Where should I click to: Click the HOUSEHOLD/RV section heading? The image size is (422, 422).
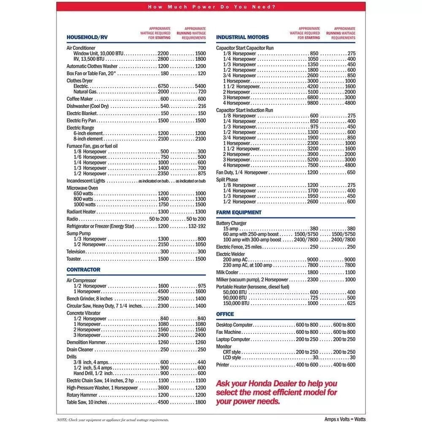[x=87, y=37]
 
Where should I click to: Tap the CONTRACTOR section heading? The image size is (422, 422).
[x=84, y=270]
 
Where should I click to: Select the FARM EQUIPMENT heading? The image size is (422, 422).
[x=239, y=212]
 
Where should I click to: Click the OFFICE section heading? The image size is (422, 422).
[x=225, y=314]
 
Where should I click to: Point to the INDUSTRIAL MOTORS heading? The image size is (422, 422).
[x=243, y=37]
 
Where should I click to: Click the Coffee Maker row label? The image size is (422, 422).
[x=80, y=99]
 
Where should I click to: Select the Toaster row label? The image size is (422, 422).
[x=74, y=259]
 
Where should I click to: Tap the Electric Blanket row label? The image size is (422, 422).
[x=82, y=113]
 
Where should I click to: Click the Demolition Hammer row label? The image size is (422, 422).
[x=85, y=342]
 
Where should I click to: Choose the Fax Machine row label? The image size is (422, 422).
[x=229, y=332]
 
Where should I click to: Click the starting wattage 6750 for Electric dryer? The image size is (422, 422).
[x=163, y=86]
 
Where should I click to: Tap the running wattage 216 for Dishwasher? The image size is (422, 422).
[x=202, y=106]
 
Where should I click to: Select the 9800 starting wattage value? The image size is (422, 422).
[x=313, y=103]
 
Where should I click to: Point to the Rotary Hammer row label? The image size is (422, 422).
[x=82, y=395]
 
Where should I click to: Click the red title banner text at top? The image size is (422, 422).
[x=211, y=7]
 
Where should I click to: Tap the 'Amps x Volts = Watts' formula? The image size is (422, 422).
[x=345, y=419]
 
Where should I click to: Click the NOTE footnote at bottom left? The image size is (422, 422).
[x=113, y=419]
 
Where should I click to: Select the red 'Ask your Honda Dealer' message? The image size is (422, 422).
[x=276, y=392]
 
